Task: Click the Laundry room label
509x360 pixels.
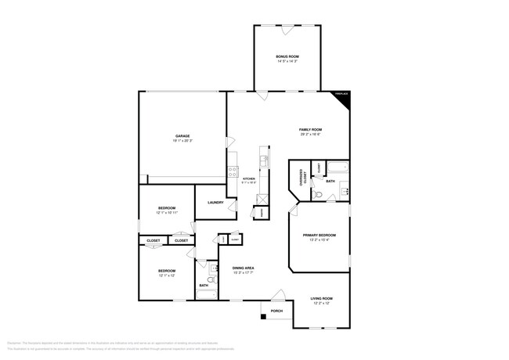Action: pos(216,203)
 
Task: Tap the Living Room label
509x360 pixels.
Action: pos(322,300)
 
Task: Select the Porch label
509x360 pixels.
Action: pos(276,311)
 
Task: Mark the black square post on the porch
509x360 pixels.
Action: pos(264,318)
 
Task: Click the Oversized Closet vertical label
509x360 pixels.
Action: pos(301,178)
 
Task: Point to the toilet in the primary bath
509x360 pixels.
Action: pos(317,193)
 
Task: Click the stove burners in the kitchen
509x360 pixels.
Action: pos(233,171)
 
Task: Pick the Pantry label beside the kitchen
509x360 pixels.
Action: pos(259,211)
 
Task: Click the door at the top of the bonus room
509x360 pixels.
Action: pos(287,31)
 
